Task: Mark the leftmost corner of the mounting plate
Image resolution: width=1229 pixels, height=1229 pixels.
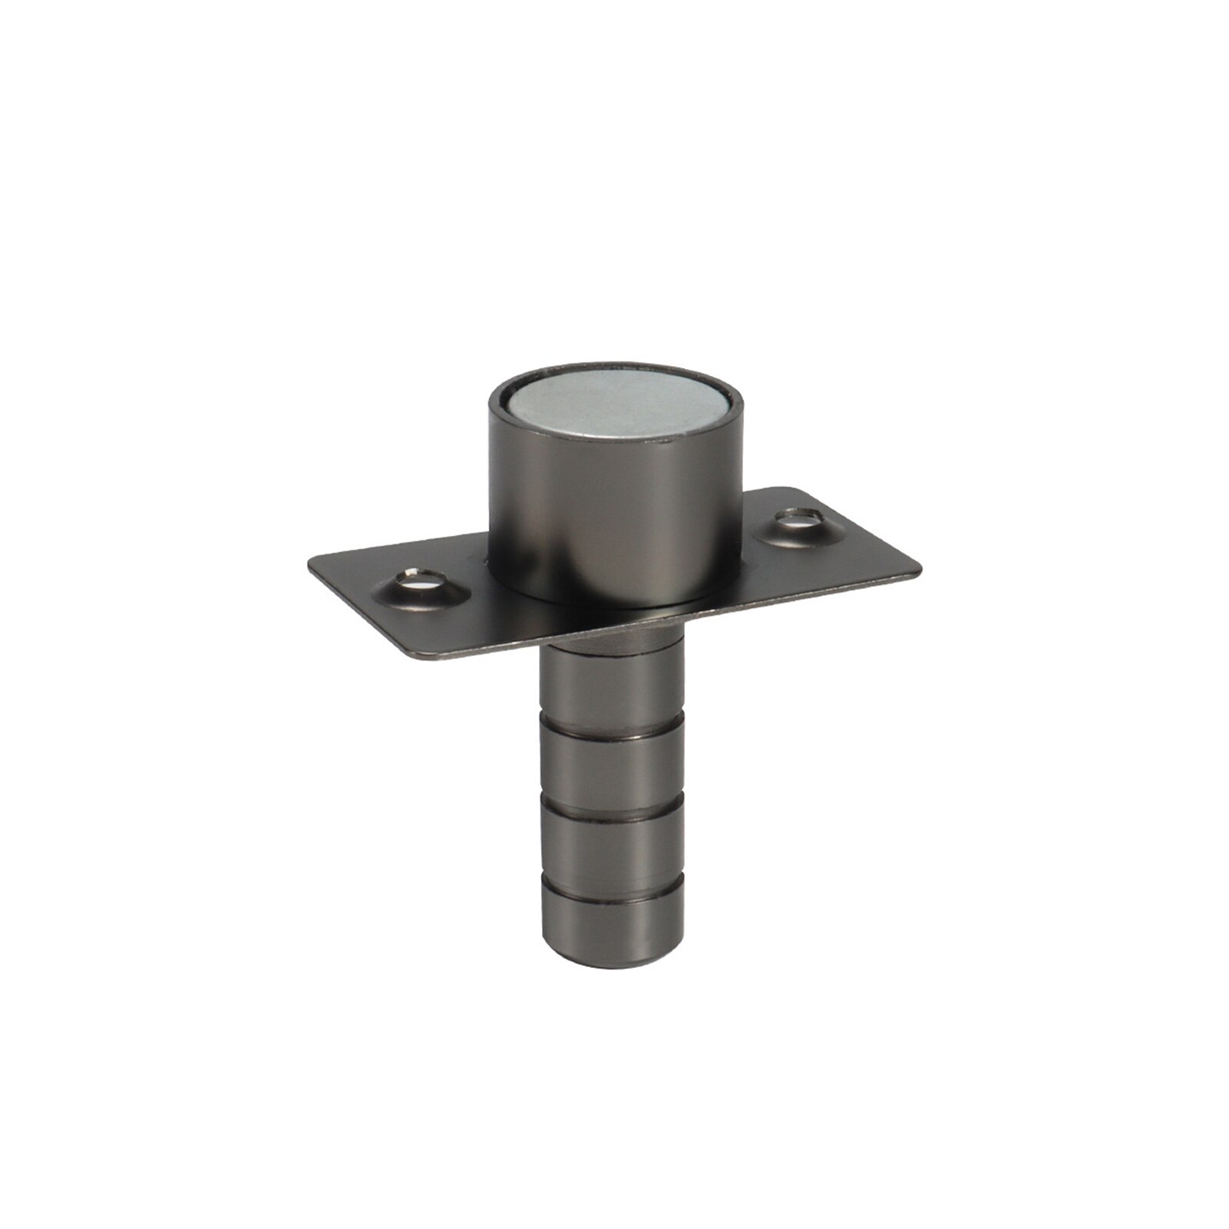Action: [309, 564]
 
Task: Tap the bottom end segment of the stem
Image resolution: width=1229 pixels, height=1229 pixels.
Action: [610, 933]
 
